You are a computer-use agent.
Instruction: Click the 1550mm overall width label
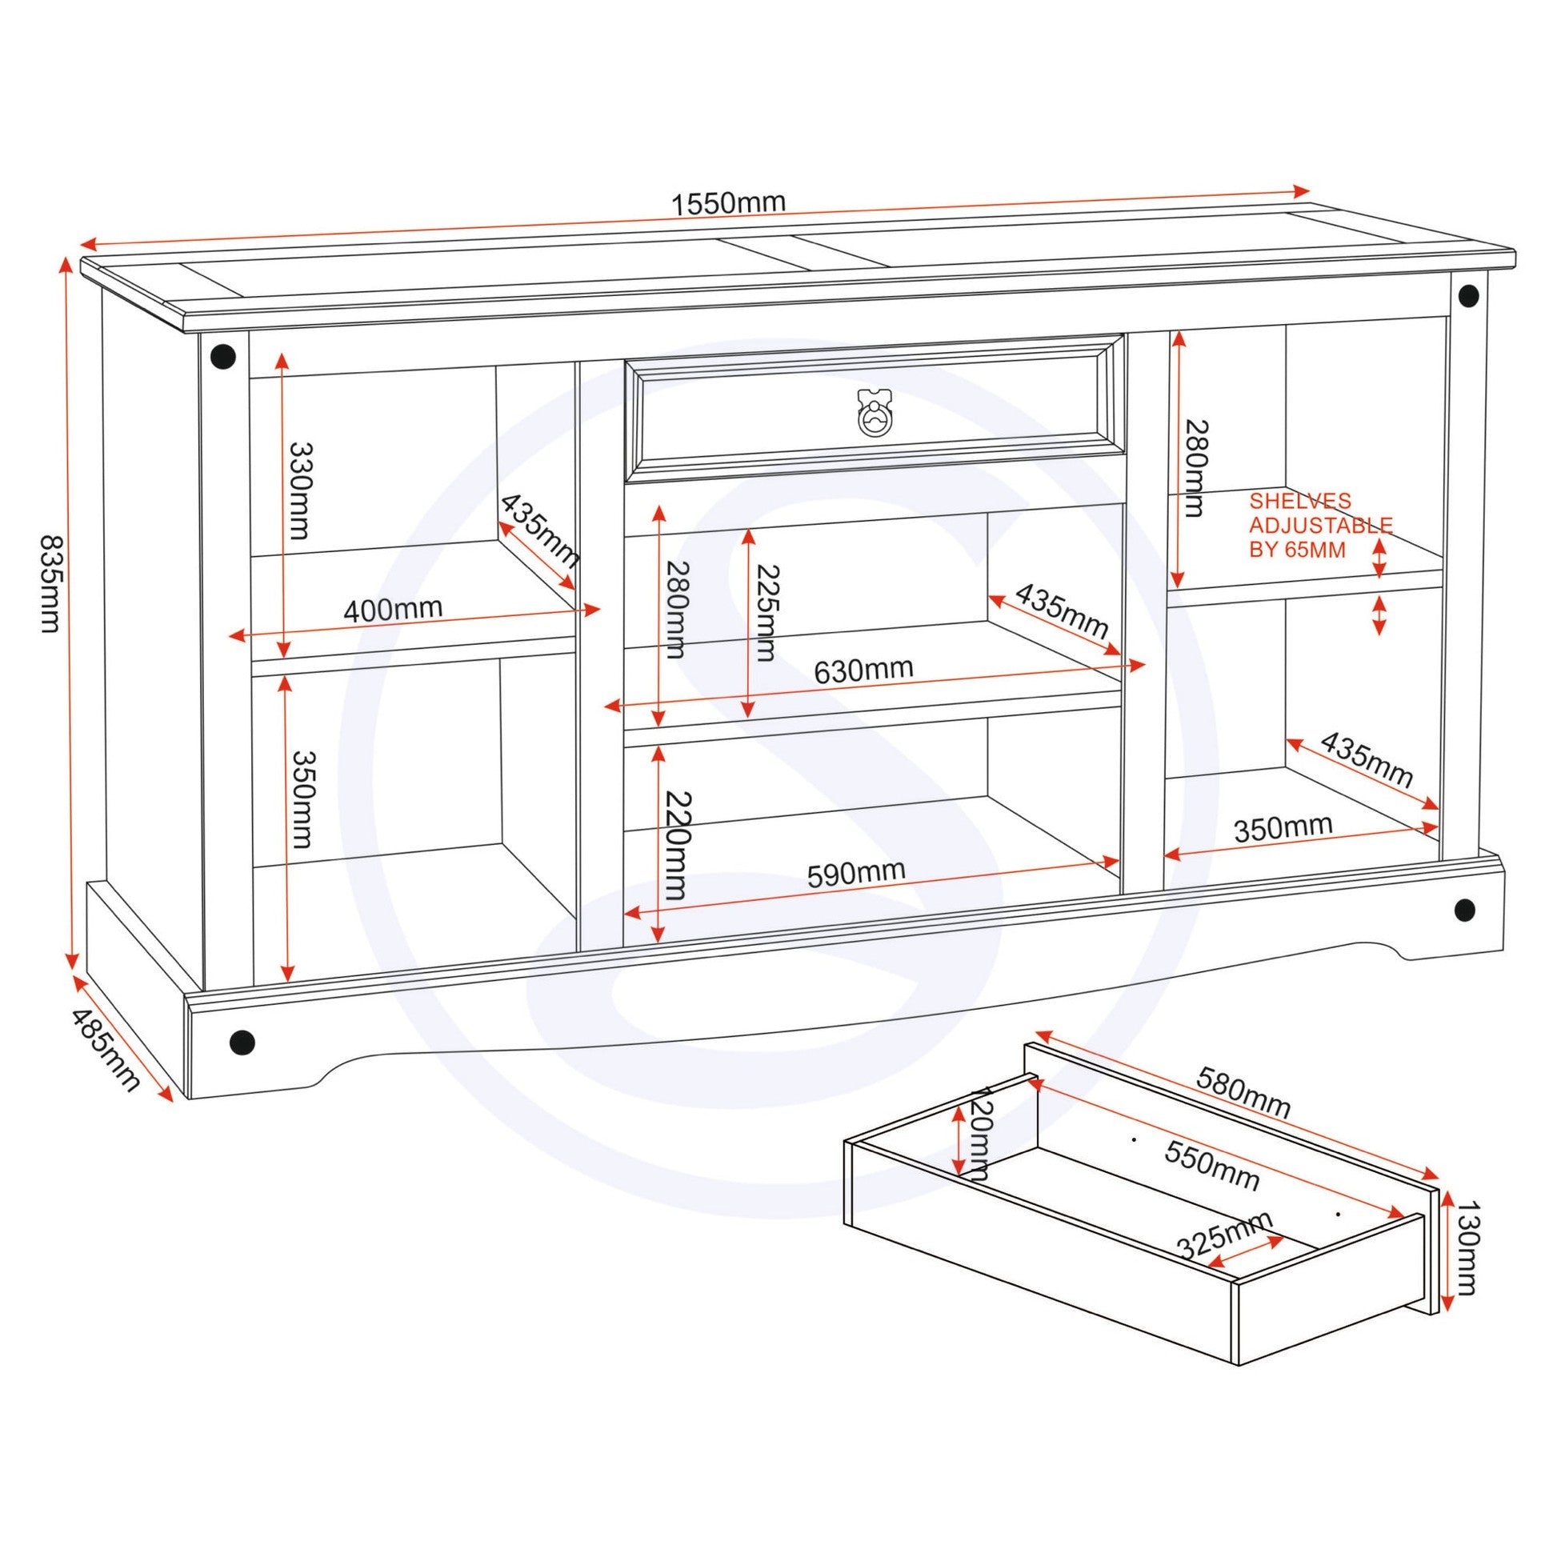point(729,203)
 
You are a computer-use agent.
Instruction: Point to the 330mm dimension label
point(300,490)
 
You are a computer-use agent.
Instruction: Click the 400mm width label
point(394,609)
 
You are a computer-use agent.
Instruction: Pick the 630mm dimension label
point(863,670)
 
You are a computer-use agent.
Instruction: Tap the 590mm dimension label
point(856,873)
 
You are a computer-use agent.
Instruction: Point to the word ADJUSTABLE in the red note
point(1321,526)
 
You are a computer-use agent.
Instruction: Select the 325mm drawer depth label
point(1225,1234)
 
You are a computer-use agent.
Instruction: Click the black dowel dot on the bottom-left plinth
point(242,1042)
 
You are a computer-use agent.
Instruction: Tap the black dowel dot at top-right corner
point(1468,295)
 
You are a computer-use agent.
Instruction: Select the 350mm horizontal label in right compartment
point(1283,827)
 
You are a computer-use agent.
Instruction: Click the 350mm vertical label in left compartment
point(302,799)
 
